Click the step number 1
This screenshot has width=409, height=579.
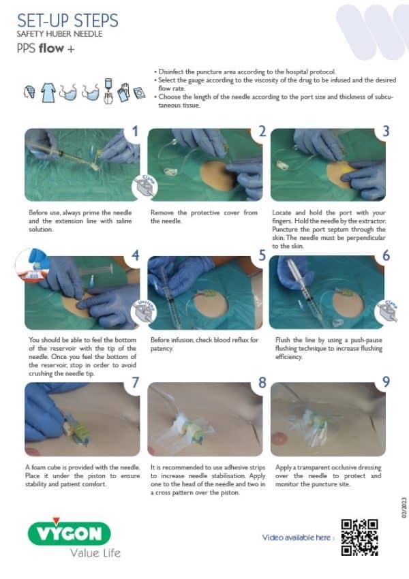[135, 131]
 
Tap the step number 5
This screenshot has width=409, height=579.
[262, 257]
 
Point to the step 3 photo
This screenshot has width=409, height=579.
[327, 165]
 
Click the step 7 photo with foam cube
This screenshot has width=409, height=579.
[82, 418]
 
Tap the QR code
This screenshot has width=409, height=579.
[359, 537]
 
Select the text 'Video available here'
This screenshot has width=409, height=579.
[298, 538]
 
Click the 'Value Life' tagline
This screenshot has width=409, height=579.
[95, 552]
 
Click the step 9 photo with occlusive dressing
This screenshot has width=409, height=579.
[327, 418]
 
